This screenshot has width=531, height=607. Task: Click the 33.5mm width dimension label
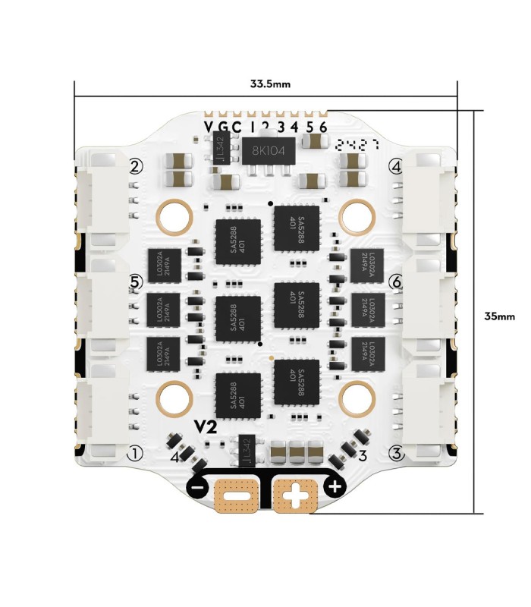coord(265,83)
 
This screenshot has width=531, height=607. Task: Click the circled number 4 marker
coord(395,166)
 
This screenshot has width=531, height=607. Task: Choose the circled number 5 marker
coord(136,281)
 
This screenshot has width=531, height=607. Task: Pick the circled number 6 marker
coord(395,281)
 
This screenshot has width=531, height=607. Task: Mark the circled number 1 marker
coord(136,454)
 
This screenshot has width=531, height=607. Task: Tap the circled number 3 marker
coord(395,454)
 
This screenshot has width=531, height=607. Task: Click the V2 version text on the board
coord(206,427)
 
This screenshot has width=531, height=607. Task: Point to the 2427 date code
coord(356,143)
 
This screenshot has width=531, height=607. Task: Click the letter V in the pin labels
coord(209,127)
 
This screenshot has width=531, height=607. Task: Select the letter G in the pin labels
coord(223,127)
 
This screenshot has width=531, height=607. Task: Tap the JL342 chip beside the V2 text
coord(245,451)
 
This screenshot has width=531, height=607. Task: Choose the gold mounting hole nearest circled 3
coord(356,395)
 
